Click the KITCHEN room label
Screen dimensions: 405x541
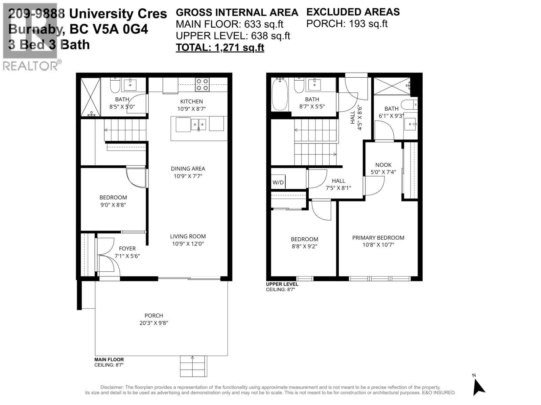[x=191, y=101]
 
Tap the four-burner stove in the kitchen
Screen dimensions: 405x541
[x=202, y=84]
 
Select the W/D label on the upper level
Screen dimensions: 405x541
[x=278, y=183]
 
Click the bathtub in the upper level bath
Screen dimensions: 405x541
[x=280, y=94]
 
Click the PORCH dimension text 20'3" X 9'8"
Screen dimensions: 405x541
[x=154, y=323]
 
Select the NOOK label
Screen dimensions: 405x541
[x=383, y=165]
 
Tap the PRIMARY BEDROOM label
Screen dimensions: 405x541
[x=378, y=238]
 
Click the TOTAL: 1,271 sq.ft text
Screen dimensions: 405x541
[x=220, y=48]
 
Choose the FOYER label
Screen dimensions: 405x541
[x=127, y=248]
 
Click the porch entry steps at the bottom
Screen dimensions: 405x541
[x=193, y=366]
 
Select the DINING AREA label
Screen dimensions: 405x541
[x=188, y=168]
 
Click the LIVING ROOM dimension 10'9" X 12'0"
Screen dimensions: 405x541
[x=188, y=244]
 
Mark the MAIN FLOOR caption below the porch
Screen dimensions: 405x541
[x=109, y=360]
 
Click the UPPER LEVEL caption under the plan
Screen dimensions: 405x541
[x=282, y=284]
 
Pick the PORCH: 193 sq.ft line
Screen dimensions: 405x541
[x=347, y=24]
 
